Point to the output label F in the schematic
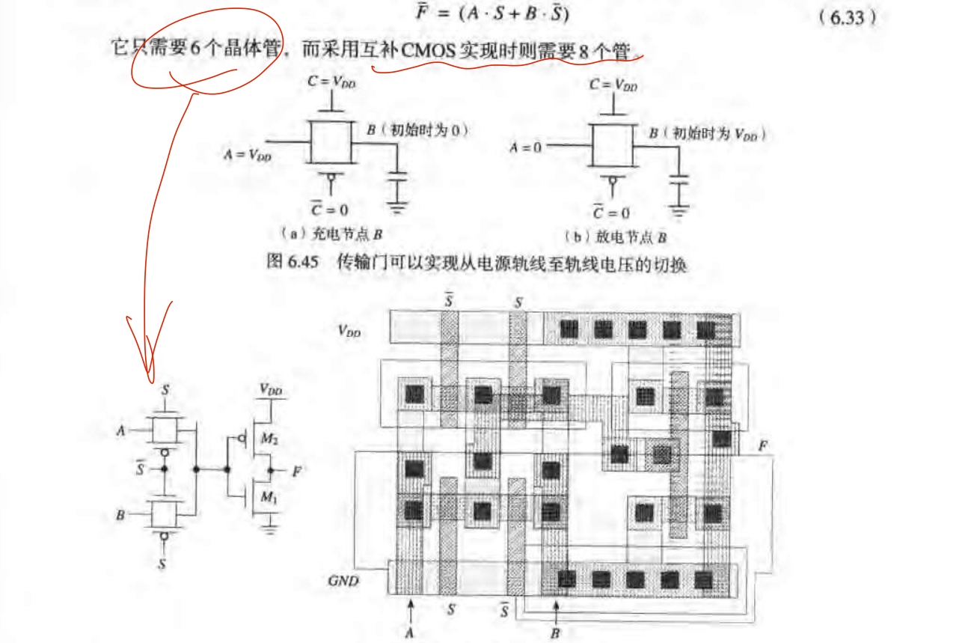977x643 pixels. [x=298, y=472]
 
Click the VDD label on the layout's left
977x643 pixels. [x=349, y=329]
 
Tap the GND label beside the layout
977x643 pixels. [x=344, y=581]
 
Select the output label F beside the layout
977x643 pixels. [x=762, y=446]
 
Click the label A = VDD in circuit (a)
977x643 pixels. [x=247, y=155]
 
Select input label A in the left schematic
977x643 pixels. [x=120, y=431]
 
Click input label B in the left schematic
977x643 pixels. [x=120, y=515]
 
